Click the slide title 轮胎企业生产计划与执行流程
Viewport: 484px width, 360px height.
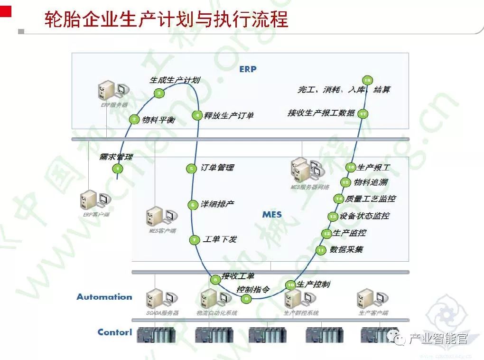coord(166,20)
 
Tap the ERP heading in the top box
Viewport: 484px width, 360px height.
coord(248,69)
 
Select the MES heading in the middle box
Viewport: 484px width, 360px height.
coord(272,215)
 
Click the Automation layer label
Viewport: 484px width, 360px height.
coord(104,297)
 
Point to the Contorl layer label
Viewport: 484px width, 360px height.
coord(115,332)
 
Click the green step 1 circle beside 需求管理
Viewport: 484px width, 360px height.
coord(117,169)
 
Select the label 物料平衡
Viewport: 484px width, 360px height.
coord(158,120)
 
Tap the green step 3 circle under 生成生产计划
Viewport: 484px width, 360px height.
coord(159,94)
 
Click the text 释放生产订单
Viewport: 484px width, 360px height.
coord(229,115)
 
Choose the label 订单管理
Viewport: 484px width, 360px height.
coord(217,168)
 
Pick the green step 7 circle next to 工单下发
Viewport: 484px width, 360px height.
coord(194,240)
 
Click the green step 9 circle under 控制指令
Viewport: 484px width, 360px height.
coord(246,299)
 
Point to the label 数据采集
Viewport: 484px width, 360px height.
coord(346,249)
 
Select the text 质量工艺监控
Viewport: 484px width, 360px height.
coord(371,199)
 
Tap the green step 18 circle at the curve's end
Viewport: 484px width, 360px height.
coord(367,80)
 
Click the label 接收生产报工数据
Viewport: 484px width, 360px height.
coord(321,113)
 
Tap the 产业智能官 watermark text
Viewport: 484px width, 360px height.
coord(438,338)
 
